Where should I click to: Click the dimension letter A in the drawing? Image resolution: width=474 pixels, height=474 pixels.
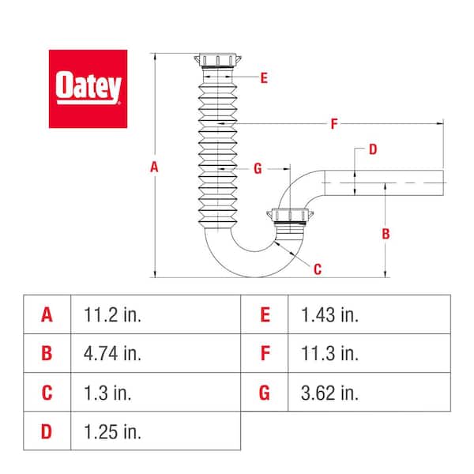tap(155, 167)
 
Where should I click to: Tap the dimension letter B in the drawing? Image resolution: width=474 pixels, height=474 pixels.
tap(386, 234)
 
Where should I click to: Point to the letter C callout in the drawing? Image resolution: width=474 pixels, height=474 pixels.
tap(318, 269)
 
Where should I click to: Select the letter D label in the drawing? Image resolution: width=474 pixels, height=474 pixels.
tap(373, 149)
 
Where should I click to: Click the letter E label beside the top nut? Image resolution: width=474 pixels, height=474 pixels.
tap(263, 77)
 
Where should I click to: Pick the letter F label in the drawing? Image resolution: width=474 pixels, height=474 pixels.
tap(334, 124)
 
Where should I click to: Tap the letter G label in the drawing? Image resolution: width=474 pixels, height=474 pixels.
tap(258, 168)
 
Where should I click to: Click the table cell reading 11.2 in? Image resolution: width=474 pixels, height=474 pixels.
tap(113, 314)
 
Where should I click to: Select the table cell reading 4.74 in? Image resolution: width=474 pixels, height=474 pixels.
tap(113, 353)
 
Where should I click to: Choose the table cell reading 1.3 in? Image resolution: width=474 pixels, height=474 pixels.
tap(108, 392)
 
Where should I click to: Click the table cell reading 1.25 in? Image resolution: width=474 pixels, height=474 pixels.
tap(113, 431)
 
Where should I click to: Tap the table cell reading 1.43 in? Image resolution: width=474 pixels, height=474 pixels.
tap(329, 314)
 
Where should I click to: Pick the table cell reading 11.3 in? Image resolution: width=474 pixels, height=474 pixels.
tap(329, 353)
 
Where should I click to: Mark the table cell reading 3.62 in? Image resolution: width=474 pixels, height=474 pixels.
tap(329, 392)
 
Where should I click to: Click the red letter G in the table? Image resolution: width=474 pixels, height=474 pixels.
tap(265, 392)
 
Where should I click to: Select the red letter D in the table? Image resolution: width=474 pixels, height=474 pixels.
tap(47, 431)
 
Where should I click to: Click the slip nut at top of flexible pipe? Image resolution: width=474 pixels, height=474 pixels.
tap(216, 61)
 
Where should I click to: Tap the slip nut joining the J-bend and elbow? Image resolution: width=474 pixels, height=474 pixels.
tap(288, 217)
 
